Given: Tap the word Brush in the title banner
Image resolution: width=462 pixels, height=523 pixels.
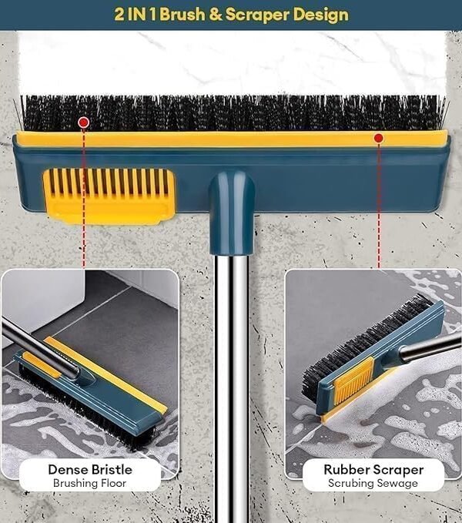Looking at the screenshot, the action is (x=182, y=15).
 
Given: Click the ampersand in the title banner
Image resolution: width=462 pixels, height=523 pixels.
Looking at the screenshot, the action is (x=216, y=15).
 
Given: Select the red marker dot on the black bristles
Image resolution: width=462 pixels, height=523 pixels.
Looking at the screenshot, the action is (x=83, y=122).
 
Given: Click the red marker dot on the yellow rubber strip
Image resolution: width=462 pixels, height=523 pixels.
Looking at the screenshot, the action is (x=378, y=138).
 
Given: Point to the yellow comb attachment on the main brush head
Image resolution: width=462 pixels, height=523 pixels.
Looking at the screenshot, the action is (x=109, y=196).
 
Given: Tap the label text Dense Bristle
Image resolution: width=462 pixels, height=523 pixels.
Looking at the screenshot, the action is (x=90, y=470).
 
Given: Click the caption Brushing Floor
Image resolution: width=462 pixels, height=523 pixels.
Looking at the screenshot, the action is (x=89, y=483).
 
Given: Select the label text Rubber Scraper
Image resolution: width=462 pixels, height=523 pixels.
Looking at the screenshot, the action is (x=373, y=470).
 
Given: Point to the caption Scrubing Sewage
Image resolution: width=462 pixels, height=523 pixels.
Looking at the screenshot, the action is (x=373, y=483).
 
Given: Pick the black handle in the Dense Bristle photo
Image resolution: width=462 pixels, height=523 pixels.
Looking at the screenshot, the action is (x=40, y=349).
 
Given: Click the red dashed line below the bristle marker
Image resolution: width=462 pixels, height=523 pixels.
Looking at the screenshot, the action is (x=83, y=197).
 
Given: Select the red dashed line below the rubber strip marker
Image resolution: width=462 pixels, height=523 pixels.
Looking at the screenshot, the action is (x=379, y=205).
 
